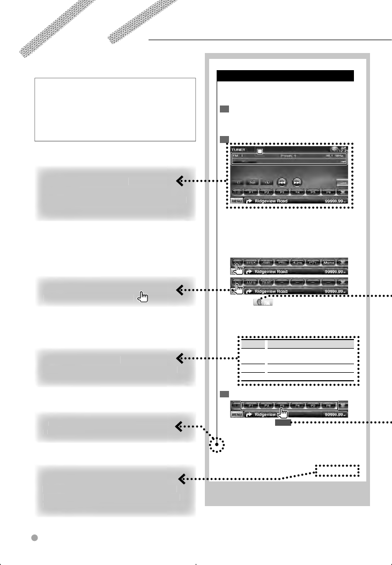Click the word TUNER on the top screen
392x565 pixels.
tap(239, 150)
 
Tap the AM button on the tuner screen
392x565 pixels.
tap(252, 182)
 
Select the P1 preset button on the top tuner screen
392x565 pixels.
tap(250, 192)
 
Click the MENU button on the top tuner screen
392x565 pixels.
tap(236, 201)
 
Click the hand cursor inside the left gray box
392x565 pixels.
tap(143, 297)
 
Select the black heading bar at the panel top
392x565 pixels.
tap(285, 76)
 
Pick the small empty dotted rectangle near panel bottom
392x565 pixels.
tap(336, 470)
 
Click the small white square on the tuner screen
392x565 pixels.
tap(260, 152)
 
